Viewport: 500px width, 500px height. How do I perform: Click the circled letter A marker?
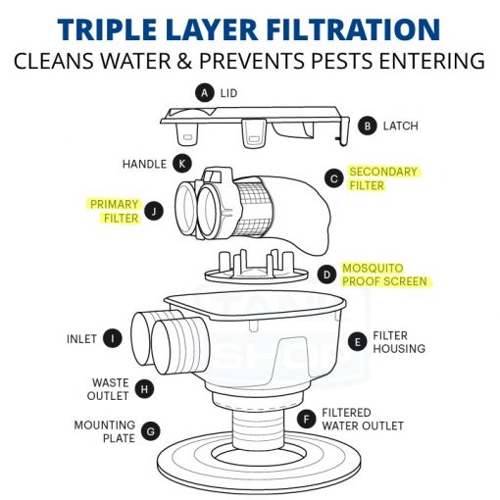[x=204, y=93]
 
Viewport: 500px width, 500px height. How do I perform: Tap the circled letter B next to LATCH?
[x=368, y=125]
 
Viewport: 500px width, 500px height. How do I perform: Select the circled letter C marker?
[x=334, y=178]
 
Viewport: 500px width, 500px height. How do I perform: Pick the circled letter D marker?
[x=325, y=275]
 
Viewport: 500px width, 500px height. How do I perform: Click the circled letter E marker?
[x=357, y=341]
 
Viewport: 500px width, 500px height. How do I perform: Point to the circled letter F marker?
[x=307, y=420]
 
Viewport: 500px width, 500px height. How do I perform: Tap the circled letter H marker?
[x=145, y=388]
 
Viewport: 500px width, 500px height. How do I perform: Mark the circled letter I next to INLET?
[x=114, y=339]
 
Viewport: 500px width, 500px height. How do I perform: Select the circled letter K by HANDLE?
[x=181, y=164]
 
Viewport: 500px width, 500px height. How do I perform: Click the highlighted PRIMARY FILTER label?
[x=114, y=211]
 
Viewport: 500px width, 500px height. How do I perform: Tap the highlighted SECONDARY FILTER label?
[x=382, y=178]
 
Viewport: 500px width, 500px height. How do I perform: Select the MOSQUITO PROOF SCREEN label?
[x=386, y=275]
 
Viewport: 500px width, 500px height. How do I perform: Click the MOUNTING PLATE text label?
[x=105, y=431]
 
